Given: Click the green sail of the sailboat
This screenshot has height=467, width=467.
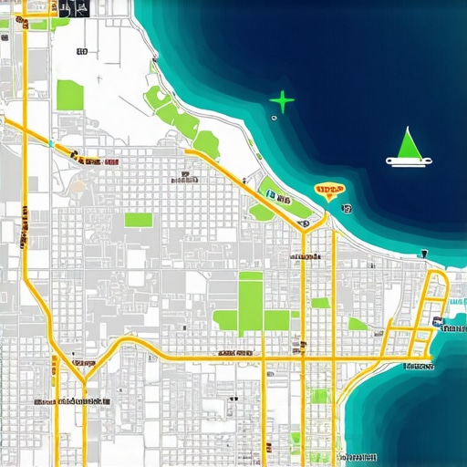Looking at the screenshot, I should [409, 144].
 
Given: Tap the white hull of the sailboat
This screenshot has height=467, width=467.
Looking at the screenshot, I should [410, 162].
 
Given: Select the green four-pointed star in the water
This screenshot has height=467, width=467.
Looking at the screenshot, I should [283, 101].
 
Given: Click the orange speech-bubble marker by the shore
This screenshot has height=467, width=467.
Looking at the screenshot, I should [328, 191].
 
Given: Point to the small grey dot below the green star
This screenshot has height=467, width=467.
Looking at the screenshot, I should [274, 119].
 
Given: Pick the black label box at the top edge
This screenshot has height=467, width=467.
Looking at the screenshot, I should [73, 8].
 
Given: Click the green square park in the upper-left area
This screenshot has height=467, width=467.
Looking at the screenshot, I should [70, 95].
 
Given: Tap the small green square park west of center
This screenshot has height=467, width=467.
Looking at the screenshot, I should [139, 220].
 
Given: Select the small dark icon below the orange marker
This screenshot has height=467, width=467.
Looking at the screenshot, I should [347, 208].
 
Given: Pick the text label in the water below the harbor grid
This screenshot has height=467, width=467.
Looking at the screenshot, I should [418, 367].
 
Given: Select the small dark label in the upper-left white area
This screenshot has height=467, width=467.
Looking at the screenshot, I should [82, 53].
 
